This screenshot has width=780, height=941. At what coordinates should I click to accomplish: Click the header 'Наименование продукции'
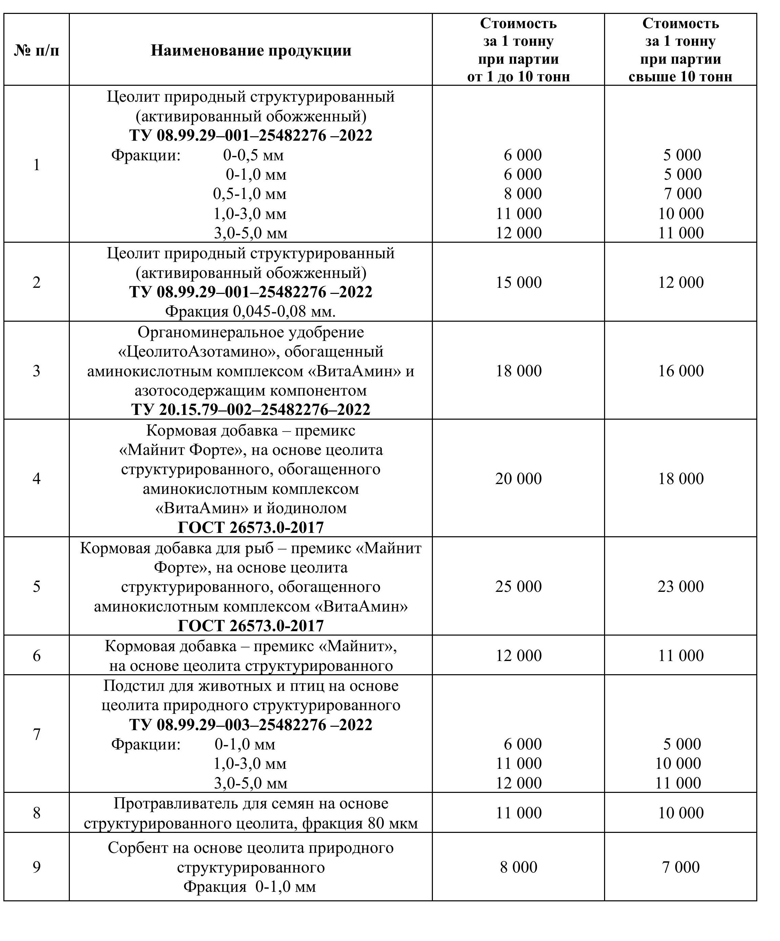tap(251, 50)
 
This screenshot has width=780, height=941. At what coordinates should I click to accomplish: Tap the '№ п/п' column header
tap(36, 50)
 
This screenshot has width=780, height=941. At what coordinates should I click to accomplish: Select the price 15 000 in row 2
tap(518, 282)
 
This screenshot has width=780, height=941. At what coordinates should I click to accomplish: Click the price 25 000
tap(518, 586)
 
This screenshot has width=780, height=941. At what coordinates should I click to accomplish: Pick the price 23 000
tap(681, 586)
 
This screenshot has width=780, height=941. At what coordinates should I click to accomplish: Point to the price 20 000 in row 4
tap(518, 479)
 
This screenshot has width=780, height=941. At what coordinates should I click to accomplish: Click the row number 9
tap(36, 867)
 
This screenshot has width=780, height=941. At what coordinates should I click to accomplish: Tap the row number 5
tap(36, 586)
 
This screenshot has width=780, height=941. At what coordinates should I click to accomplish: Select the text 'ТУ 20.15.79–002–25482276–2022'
tap(251, 409)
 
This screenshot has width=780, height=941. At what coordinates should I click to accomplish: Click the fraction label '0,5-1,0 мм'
tap(249, 194)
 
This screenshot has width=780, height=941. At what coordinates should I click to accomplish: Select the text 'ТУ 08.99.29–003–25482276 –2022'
tap(251, 725)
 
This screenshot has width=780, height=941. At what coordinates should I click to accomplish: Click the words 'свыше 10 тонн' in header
tap(681, 77)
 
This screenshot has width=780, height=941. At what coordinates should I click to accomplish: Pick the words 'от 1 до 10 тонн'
tap(518, 77)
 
